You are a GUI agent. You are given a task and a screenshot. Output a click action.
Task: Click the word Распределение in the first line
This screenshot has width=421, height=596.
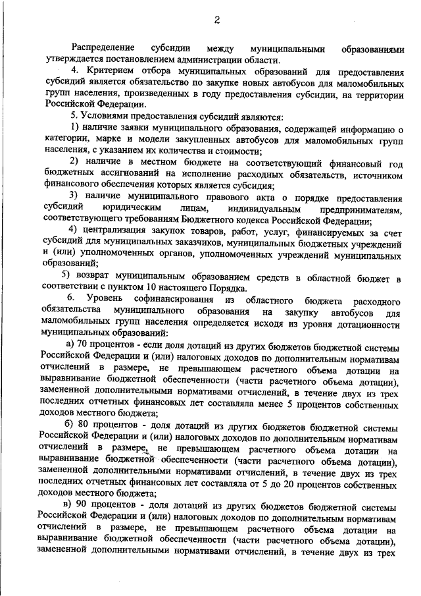(103, 49)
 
